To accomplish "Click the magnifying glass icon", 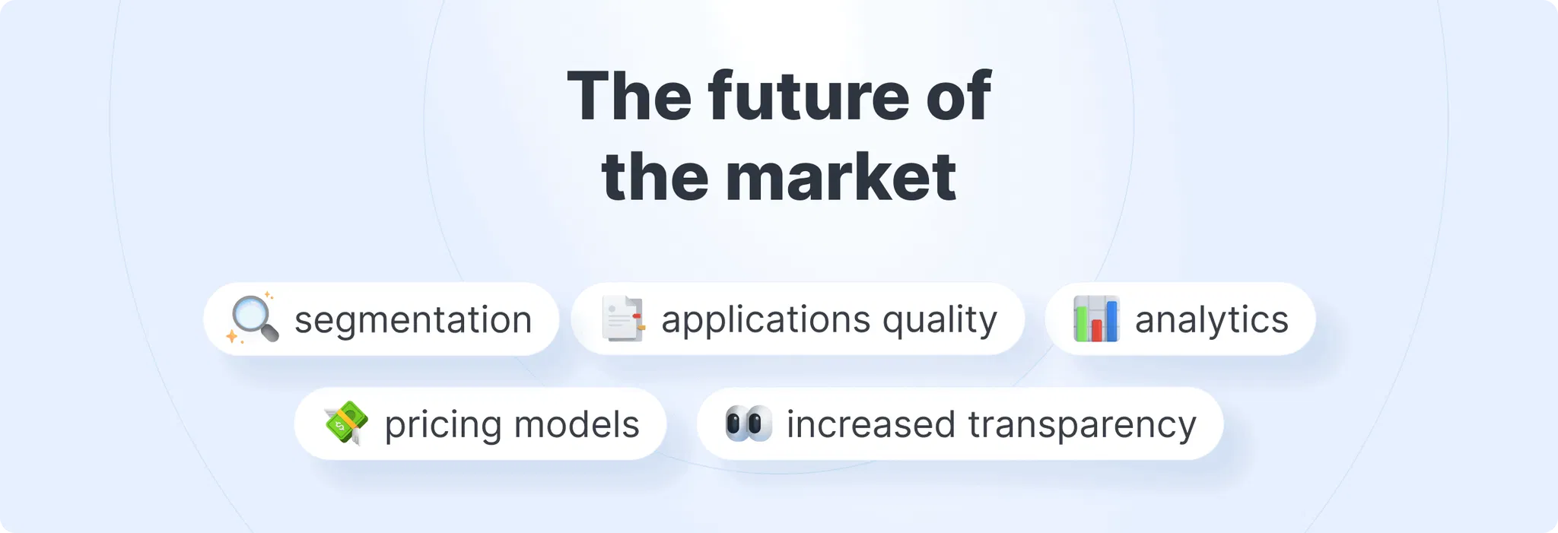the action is point(253,319).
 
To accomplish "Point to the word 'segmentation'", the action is point(413,320).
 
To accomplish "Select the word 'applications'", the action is point(765,320).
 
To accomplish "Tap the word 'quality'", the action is point(940,320).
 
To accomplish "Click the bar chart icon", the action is point(1096,319).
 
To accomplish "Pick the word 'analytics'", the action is point(1212,320).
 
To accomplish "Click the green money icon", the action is point(346,423).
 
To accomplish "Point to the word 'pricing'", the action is point(444,425).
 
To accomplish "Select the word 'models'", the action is point(577,424).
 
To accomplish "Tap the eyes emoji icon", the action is point(749,424).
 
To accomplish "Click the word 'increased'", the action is point(871,424).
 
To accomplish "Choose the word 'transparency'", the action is point(1083,425).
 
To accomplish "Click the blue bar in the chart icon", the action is point(1111,320).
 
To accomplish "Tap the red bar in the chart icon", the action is point(1097,329).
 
